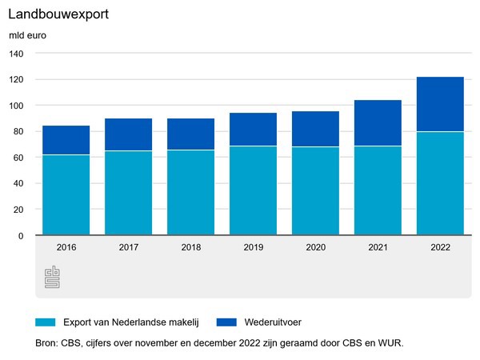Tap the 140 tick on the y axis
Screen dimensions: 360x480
coord(17,54)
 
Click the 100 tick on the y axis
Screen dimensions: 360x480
coord(17,106)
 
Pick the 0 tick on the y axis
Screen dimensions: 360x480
coord(22,235)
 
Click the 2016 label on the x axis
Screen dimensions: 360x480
coord(66,248)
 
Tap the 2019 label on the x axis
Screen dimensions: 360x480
coord(253,248)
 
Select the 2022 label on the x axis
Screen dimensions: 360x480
coord(440,248)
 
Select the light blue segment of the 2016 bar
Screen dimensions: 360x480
coord(66,195)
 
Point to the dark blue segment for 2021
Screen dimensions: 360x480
coord(378,123)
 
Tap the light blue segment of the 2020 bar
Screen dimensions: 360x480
coord(315,191)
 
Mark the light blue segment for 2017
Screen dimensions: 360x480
coord(128,193)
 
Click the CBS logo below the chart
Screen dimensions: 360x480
coord(52,277)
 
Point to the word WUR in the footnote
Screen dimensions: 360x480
coord(391,344)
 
